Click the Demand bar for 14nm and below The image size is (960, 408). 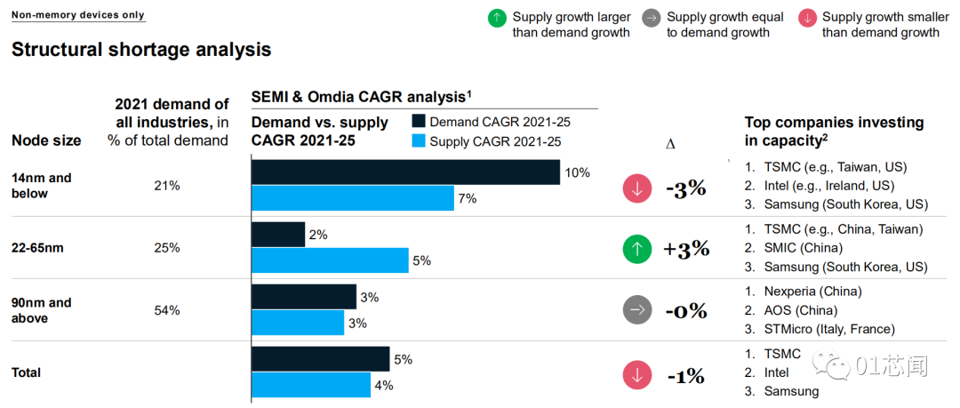(x=405, y=172)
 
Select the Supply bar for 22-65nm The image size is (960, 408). (x=330, y=260)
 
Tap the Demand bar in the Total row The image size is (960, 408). (x=320, y=359)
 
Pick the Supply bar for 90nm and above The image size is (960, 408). (x=298, y=323)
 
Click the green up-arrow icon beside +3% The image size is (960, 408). (x=636, y=250)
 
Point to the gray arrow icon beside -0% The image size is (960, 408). (x=636, y=312)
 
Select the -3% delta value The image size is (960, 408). (x=685, y=188)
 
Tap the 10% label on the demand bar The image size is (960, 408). (x=577, y=172)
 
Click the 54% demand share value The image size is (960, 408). (x=167, y=310)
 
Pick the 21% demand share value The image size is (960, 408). (x=167, y=186)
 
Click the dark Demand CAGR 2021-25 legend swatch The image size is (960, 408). (x=419, y=122)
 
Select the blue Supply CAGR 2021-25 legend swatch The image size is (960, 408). (x=419, y=141)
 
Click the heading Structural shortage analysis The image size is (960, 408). (x=141, y=50)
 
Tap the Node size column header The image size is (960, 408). (x=46, y=140)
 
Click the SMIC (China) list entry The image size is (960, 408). (x=803, y=248)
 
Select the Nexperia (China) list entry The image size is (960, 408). (x=812, y=292)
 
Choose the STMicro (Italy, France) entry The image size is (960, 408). (x=829, y=329)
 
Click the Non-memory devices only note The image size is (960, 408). (x=77, y=15)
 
